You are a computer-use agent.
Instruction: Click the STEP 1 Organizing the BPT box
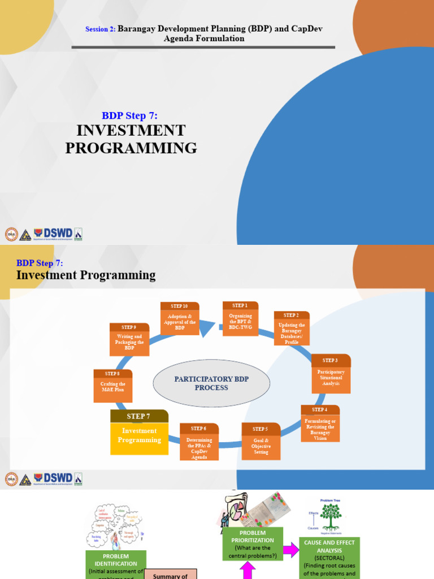(x=240, y=319)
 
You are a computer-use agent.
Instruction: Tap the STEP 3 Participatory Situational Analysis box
(x=331, y=374)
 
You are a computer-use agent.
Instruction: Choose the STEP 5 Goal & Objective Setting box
(x=261, y=442)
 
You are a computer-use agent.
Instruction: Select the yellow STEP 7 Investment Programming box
(x=139, y=433)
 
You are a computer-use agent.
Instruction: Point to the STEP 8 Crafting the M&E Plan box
(x=112, y=386)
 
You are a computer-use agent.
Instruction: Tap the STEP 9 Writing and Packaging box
(x=129, y=339)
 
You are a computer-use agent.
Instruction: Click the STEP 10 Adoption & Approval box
(x=180, y=318)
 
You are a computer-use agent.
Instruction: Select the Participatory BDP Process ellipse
(x=211, y=383)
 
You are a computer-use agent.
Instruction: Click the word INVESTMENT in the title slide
(x=131, y=131)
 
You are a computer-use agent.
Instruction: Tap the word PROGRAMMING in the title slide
(x=131, y=148)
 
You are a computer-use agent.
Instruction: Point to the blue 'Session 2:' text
(x=100, y=29)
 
